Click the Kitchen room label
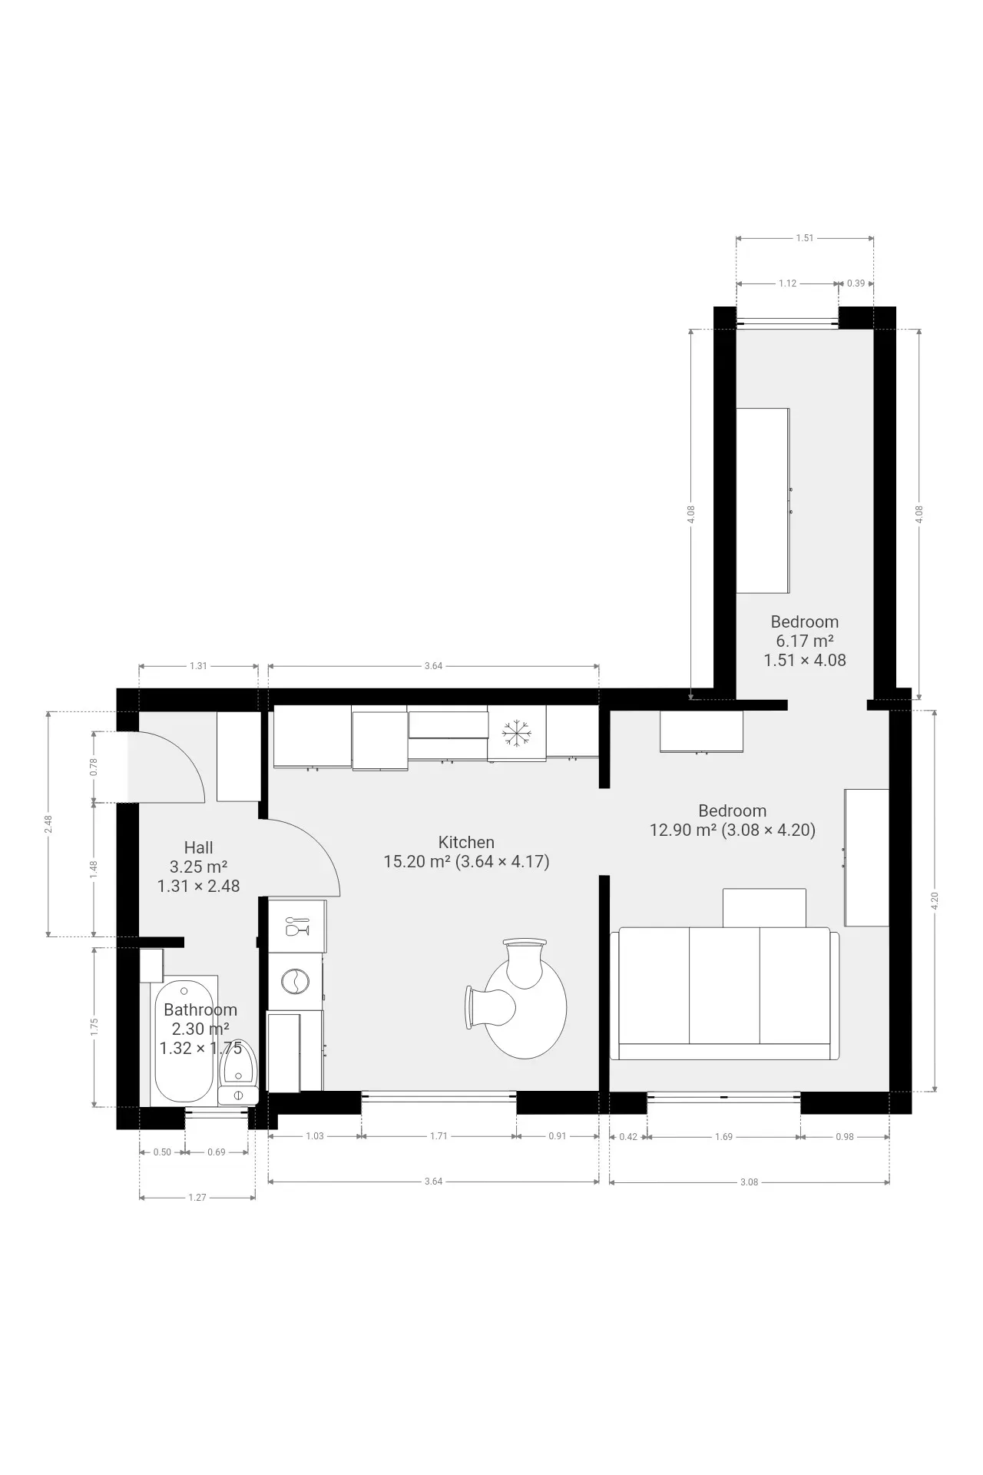click(x=466, y=842)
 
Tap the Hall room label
click(x=198, y=848)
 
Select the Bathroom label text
click(x=200, y=1010)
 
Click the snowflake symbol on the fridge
click(x=516, y=733)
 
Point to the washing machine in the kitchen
click(x=295, y=981)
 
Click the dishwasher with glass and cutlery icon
click(x=296, y=926)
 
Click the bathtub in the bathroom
click(x=184, y=1041)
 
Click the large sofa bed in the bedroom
click(x=724, y=993)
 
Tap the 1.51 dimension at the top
click(x=804, y=238)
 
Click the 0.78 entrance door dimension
click(x=94, y=767)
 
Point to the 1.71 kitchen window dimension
click(x=439, y=1136)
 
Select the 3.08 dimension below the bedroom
click(x=749, y=1182)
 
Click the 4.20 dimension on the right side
click(x=935, y=901)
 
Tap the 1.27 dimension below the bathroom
click(x=197, y=1197)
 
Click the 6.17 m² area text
click(x=805, y=641)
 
